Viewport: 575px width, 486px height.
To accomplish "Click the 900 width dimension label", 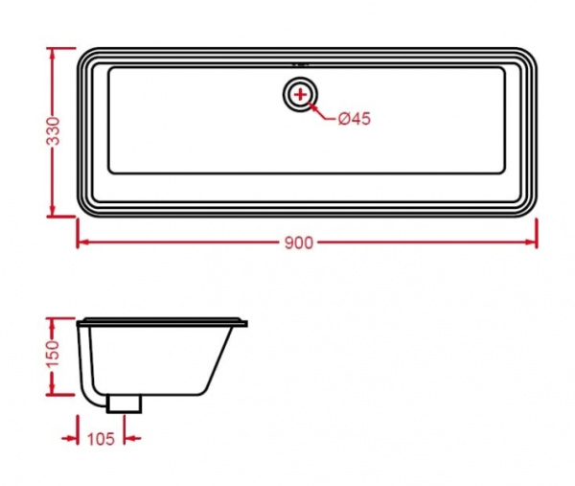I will pos(298,243).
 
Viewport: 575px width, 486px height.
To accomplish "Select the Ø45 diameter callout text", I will pos(354,119).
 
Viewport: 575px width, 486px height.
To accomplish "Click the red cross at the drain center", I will pos(302,94).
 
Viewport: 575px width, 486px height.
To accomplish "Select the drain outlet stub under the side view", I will pos(125,404).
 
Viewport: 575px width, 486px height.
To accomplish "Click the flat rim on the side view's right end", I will pos(240,323).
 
